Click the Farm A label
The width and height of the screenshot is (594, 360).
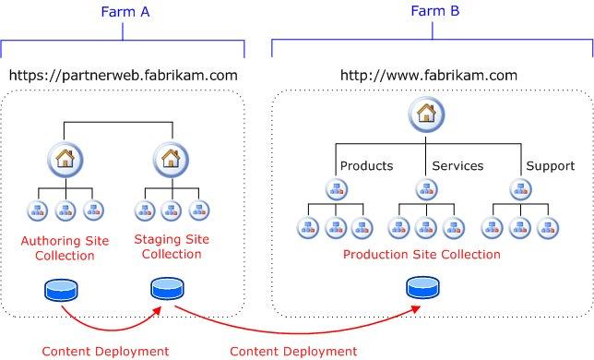click(x=125, y=12)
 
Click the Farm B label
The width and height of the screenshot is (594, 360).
click(x=435, y=10)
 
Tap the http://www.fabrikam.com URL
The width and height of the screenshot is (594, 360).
click(x=429, y=76)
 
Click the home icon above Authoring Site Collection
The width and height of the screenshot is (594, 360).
click(x=65, y=160)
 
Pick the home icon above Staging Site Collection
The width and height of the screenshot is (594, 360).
click(x=171, y=160)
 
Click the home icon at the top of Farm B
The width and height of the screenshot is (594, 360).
click(x=426, y=114)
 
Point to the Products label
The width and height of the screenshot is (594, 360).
click(x=366, y=166)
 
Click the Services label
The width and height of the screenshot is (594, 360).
click(x=457, y=166)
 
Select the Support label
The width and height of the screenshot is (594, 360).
click(x=551, y=166)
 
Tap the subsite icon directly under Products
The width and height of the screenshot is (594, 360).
click(x=337, y=189)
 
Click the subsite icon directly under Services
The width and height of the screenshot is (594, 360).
click(x=426, y=189)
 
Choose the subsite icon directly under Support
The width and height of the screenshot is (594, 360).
click(x=520, y=189)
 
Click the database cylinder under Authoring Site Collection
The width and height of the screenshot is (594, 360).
click(x=61, y=291)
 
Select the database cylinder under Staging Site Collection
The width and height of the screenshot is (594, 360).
click(x=167, y=289)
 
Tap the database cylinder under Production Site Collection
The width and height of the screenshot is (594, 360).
click(x=423, y=288)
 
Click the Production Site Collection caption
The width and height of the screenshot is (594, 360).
click(x=422, y=254)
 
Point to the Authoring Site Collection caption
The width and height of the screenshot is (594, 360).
click(x=65, y=247)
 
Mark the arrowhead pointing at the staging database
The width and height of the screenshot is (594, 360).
click(x=157, y=311)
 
